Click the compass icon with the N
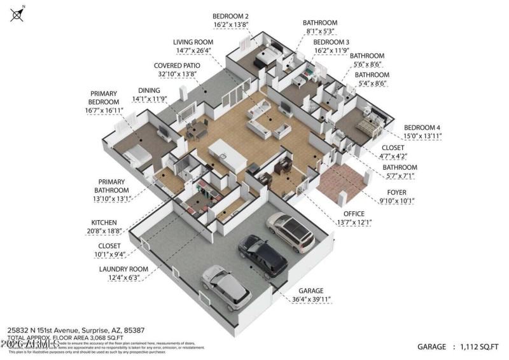tap(17, 13)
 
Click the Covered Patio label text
tap(176, 66)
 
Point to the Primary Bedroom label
tap(104, 98)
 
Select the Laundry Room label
tap(123, 269)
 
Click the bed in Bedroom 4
tap(368, 127)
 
